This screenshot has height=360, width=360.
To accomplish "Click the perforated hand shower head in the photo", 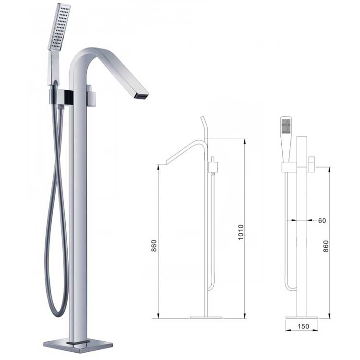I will click(x=60, y=26).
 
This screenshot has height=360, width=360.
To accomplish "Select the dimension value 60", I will click(x=322, y=221).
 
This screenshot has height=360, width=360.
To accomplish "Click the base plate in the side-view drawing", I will click(x=206, y=317).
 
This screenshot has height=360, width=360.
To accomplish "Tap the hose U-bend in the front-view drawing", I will click(x=291, y=288).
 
